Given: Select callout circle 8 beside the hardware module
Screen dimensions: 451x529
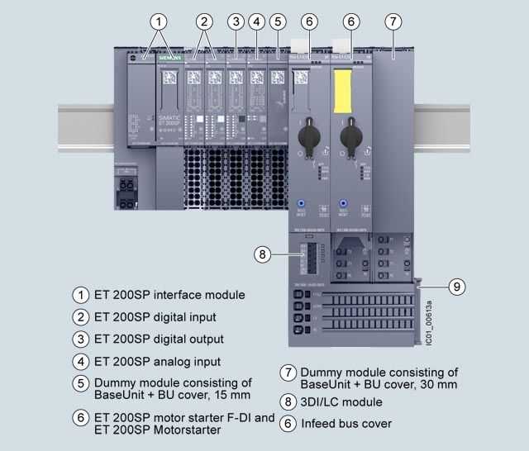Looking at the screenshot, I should click(262, 254).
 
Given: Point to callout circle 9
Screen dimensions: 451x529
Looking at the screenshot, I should click(455, 287).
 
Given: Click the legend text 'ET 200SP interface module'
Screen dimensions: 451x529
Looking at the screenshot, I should click(169, 294).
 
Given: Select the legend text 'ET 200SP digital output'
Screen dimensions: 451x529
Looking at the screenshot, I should click(159, 339).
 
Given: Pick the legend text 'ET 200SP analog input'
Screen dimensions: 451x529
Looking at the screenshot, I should click(157, 361).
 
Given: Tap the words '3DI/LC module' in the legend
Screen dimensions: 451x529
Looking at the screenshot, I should click(341, 402).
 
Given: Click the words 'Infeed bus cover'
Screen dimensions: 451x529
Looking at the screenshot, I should click(346, 424).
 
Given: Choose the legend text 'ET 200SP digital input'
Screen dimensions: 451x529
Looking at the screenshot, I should click(155, 316).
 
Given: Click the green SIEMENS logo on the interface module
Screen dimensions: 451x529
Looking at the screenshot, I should click(169, 59).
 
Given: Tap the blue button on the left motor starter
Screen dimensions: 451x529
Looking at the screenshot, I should click(302, 202).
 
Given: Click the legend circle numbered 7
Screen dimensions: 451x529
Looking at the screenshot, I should click(287, 373).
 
